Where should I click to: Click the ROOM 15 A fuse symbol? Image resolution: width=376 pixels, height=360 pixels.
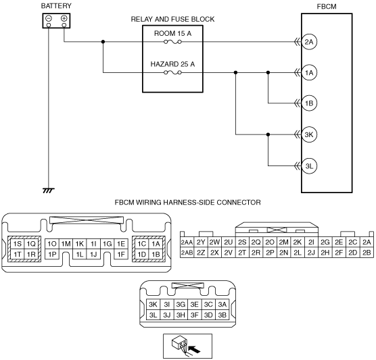[x=172, y=42]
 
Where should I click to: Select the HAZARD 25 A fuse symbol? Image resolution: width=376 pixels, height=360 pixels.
[x=172, y=72]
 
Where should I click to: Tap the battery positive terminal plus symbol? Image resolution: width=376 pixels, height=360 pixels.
[x=64, y=18]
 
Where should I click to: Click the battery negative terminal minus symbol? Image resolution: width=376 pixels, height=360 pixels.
[x=49, y=18]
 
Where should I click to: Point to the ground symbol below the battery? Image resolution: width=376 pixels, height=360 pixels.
[x=49, y=190]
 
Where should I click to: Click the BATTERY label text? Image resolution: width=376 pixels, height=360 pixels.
[x=56, y=6]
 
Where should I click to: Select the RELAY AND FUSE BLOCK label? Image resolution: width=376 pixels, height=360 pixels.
[x=172, y=19]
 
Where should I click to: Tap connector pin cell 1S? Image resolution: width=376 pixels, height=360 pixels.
[x=18, y=244]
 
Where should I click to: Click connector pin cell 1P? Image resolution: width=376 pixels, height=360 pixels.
[x=52, y=254]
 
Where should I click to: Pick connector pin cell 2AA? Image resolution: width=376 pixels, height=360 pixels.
[x=187, y=242]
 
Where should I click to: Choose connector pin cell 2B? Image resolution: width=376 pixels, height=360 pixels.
[x=367, y=253]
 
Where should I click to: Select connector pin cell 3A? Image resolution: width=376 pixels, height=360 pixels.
[x=222, y=304]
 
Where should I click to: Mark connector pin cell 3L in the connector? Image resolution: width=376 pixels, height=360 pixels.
[x=153, y=315]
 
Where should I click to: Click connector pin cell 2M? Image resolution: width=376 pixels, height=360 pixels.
[x=283, y=242]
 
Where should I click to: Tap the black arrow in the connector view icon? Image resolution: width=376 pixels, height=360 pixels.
[x=195, y=349]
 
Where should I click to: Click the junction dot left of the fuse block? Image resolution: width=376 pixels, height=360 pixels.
[x=103, y=42]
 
